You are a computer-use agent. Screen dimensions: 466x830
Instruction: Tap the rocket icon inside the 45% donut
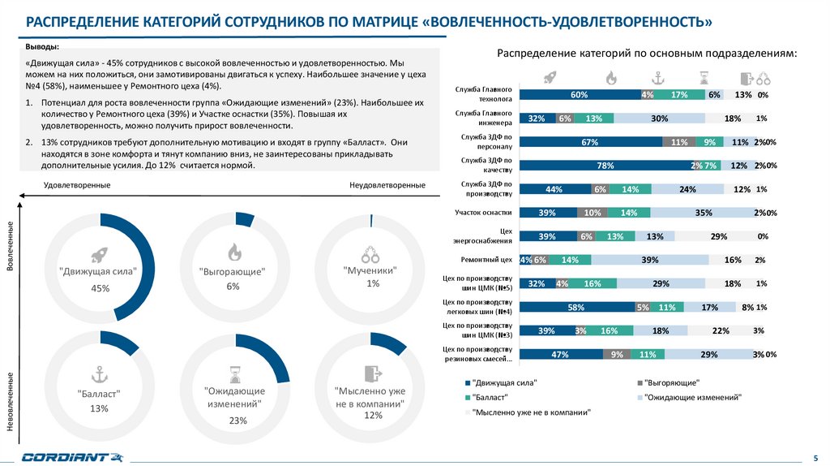point(100,255)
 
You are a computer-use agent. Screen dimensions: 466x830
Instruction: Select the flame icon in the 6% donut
point(233,252)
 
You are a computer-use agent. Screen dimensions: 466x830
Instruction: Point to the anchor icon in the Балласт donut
point(100,375)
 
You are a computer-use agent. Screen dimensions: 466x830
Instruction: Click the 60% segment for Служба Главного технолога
point(579,95)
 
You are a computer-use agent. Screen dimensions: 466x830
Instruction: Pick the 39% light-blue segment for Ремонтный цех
point(649,260)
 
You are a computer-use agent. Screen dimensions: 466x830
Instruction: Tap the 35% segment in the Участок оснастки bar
point(703,213)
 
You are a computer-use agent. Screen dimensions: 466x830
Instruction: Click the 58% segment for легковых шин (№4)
point(576,307)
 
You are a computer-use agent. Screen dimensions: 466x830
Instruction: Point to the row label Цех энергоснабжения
point(483,236)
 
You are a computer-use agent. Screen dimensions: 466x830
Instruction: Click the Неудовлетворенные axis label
point(387,185)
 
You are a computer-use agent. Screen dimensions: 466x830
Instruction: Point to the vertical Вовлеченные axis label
point(11,244)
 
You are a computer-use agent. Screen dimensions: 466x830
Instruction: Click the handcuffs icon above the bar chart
point(763,78)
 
